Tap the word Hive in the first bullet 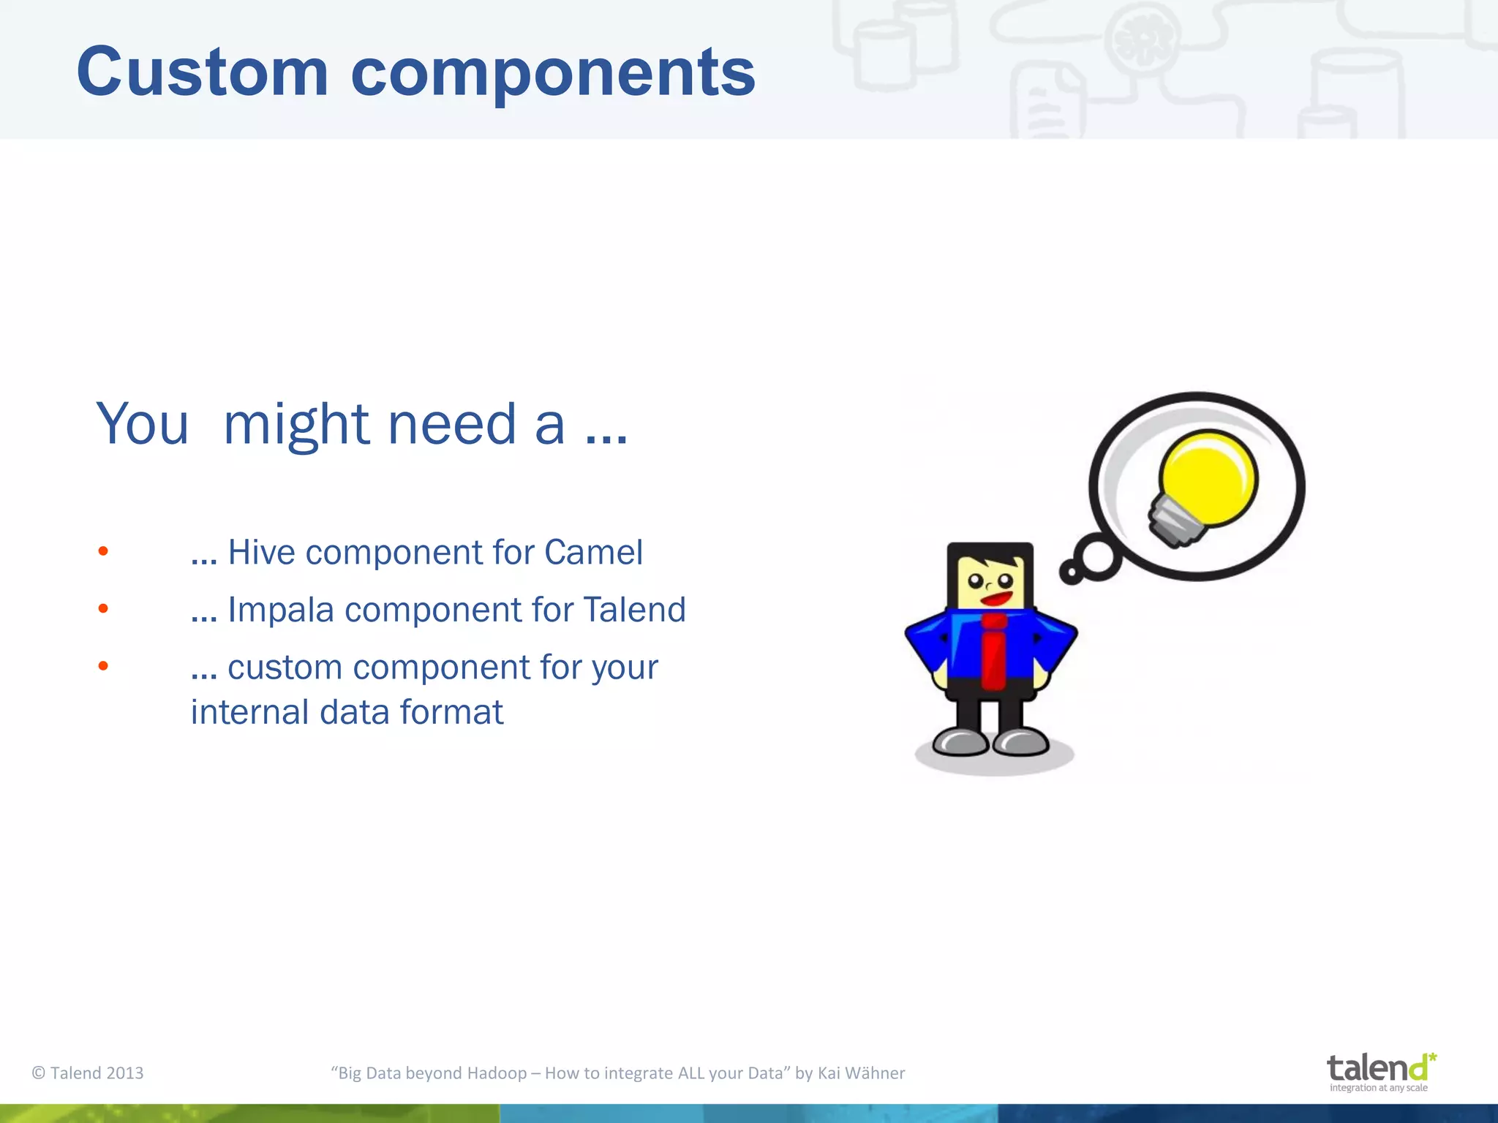click(261, 552)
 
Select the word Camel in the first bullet click(593, 552)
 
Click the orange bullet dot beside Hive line click(103, 551)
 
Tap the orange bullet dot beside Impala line click(103, 608)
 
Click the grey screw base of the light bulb click(1173, 522)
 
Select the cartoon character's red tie click(993, 651)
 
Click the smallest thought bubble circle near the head click(1070, 572)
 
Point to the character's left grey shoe click(960, 742)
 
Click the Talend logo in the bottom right click(1380, 1071)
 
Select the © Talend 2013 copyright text click(88, 1073)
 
